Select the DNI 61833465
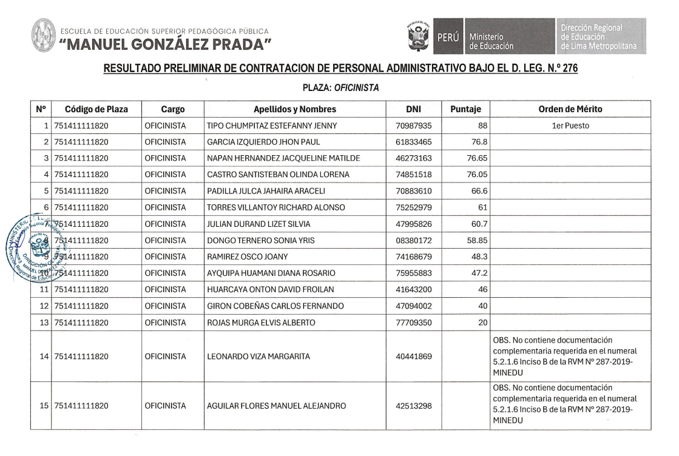tap(413, 143)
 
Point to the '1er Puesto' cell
tap(570, 126)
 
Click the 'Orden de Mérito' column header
tap(570, 110)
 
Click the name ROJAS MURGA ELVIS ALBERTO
tap(261, 323)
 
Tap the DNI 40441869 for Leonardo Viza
tap(413, 357)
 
